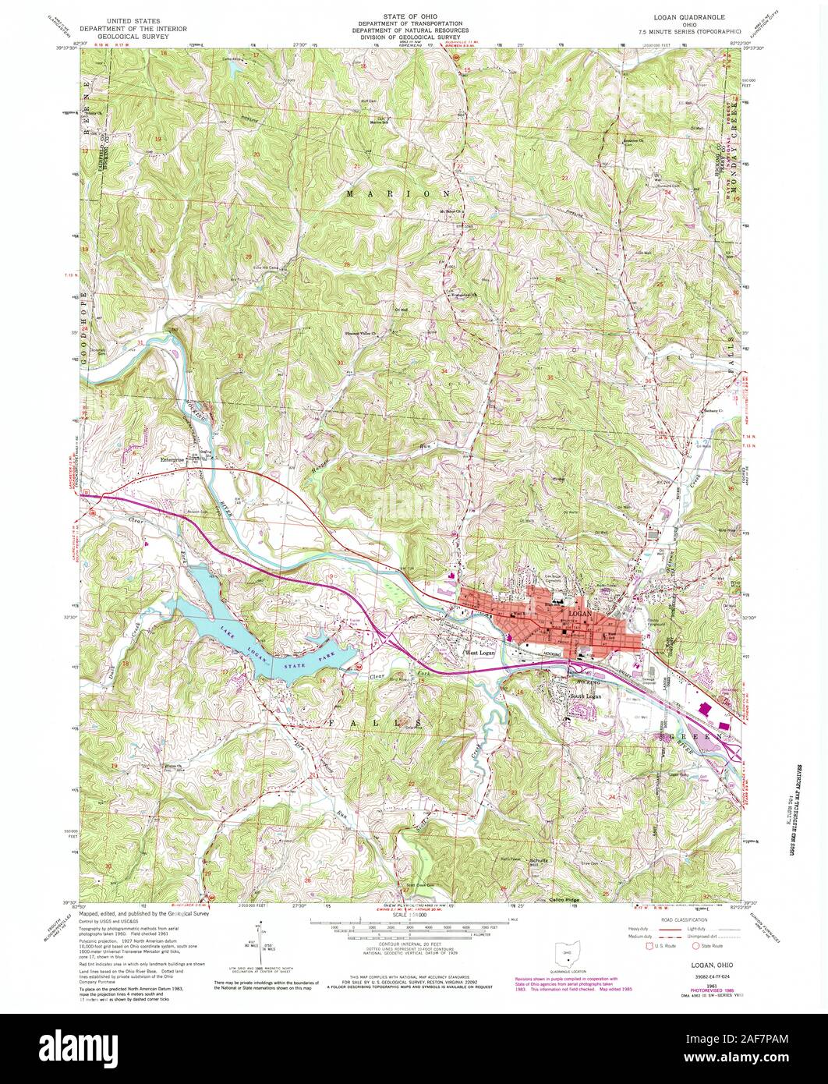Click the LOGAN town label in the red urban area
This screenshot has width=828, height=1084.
582,615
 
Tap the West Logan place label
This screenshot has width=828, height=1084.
481,653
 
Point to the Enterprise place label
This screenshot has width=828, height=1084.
172,459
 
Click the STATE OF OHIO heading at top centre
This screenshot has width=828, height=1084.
414,16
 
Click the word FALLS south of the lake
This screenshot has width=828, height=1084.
400,723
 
